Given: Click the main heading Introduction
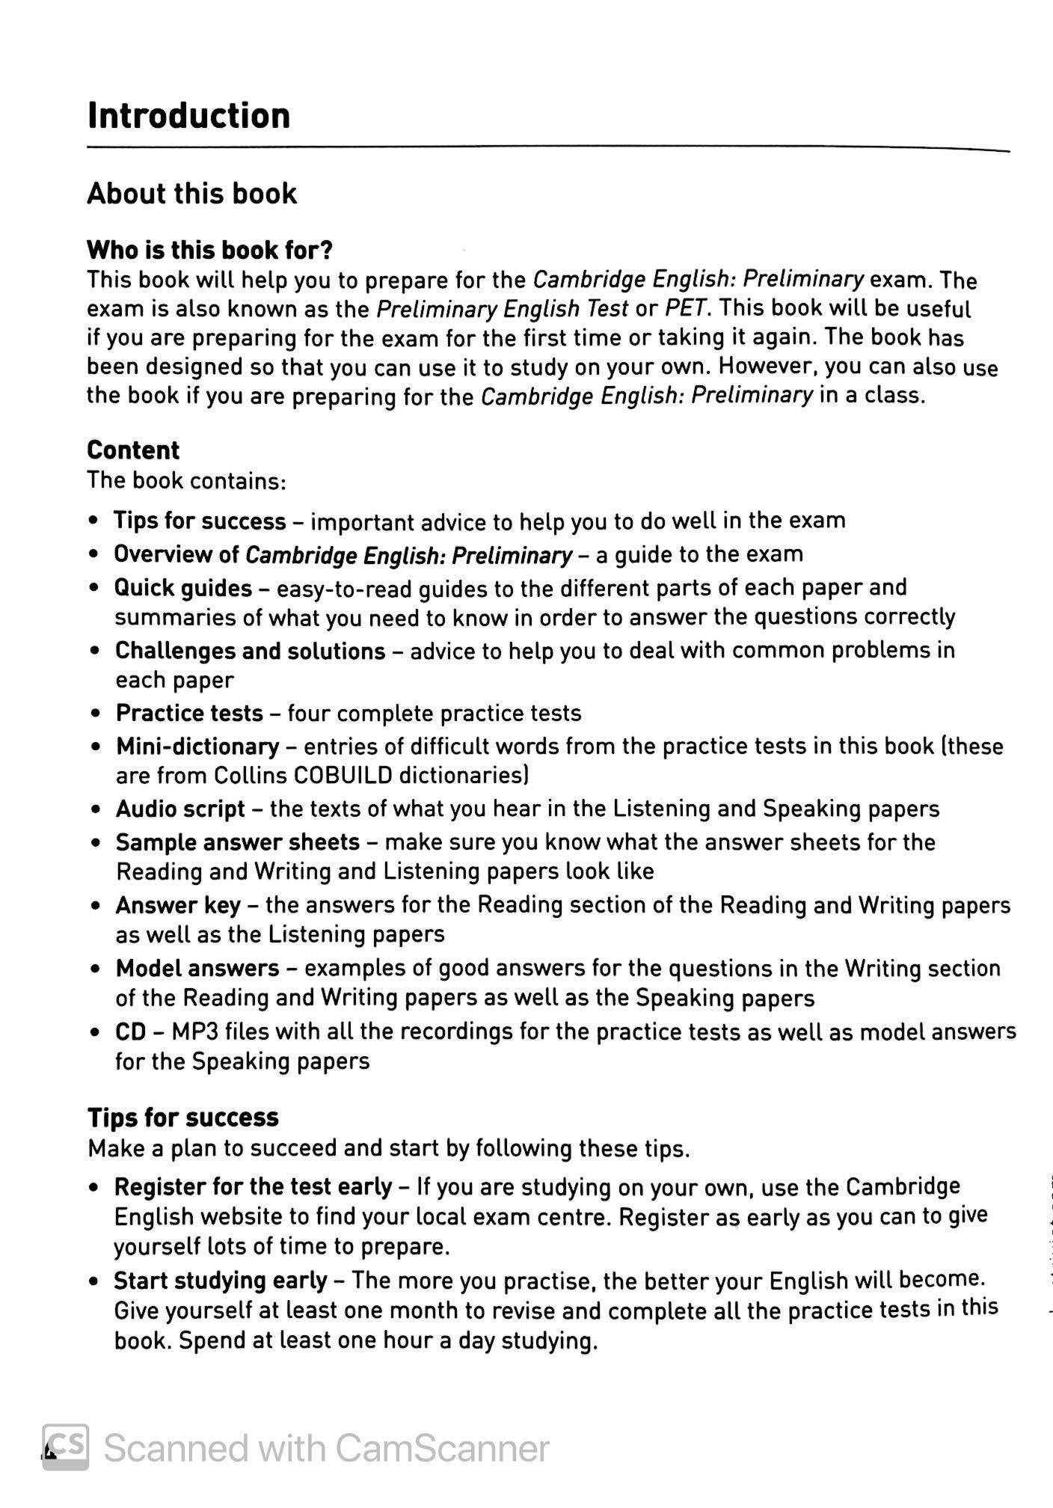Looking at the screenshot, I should point(188,116).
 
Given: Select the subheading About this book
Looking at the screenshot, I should point(191,194).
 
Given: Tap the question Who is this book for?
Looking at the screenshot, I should point(209,250).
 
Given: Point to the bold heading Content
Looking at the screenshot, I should point(133,450).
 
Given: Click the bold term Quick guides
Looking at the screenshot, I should point(182,589).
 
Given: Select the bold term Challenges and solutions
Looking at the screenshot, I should point(250,652).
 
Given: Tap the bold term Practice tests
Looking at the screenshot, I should point(189,714).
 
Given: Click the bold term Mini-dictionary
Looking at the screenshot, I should point(197,747).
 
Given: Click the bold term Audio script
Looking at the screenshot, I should point(180,809).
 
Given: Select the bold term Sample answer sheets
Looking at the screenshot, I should point(238,843).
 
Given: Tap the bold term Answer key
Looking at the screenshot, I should point(178,906).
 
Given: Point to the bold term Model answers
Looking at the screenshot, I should point(197,969).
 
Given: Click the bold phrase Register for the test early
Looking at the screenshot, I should point(253,1187).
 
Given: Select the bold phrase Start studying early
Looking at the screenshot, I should point(221,1281).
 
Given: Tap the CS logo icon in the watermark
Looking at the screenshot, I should point(66,1447).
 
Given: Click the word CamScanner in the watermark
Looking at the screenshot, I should point(442,1449).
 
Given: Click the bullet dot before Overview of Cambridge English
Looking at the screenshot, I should point(93,555).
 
